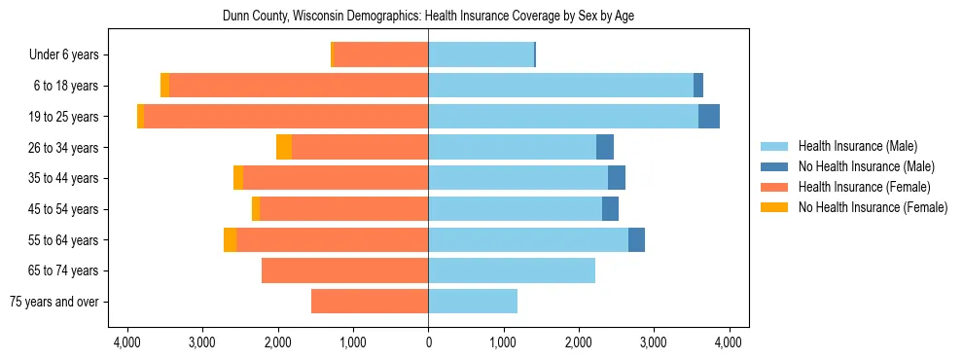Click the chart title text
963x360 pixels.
[428, 17]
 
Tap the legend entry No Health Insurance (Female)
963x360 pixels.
[873, 207]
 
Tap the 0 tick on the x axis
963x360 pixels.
[428, 342]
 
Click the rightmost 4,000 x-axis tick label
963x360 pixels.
[729, 342]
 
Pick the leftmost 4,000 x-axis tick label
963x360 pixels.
[127, 342]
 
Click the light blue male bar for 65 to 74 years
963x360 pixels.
[512, 270]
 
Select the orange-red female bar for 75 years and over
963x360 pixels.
[370, 302]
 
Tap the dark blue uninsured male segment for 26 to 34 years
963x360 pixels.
[605, 147]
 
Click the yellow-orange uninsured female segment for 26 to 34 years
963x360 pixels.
[284, 147]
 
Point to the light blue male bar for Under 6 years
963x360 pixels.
[481, 54]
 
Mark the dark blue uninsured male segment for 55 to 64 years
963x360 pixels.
[636, 240]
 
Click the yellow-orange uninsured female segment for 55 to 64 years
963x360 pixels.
[230, 240]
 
